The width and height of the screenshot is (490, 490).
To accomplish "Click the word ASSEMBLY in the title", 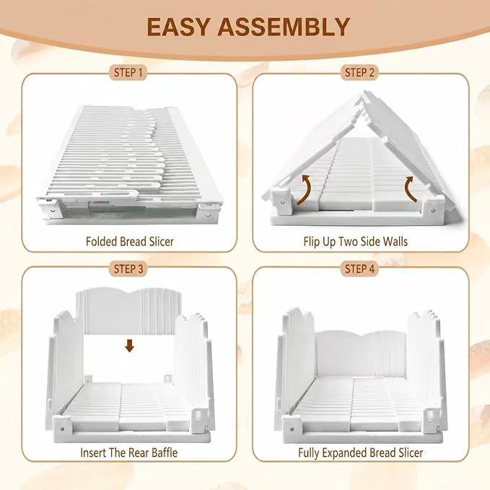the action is point(284,27).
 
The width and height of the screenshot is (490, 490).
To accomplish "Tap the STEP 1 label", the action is point(128,73).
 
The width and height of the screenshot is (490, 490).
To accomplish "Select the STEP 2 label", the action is point(359,73).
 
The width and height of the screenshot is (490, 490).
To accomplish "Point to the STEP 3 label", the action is point(128,268).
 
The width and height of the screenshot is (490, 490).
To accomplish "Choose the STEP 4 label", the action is point(359,268).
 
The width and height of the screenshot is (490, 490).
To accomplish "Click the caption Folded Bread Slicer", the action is point(130,242).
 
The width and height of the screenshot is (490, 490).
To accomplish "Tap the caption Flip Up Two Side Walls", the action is point(356,242).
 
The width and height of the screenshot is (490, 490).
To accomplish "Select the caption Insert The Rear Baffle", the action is point(128,452).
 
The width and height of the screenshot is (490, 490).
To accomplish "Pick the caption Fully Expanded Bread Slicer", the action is point(361,452).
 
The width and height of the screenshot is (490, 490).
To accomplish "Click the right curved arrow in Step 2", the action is point(409,190).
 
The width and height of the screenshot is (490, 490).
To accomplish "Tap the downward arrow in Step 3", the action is point(129,346).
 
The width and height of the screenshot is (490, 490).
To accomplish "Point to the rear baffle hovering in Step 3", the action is point(128,311).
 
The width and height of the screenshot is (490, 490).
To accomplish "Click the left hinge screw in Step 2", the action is point(283,203).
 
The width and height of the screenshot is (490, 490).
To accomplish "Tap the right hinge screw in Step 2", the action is point(433,211).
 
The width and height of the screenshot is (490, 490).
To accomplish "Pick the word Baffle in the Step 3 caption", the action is point(165,452).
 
